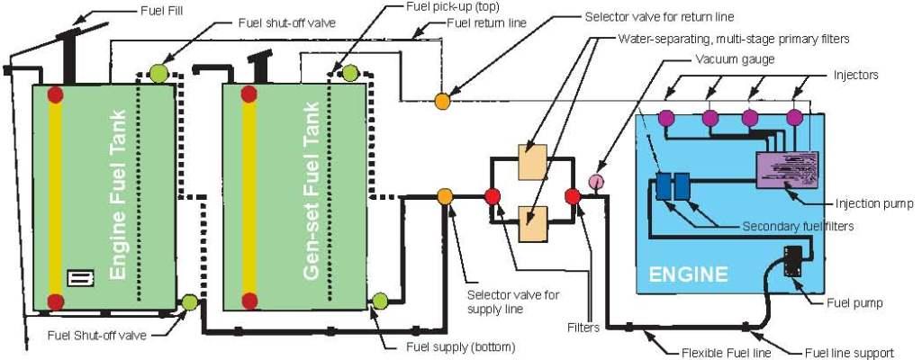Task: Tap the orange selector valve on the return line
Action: coord(442,101)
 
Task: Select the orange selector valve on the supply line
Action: coord(445,196)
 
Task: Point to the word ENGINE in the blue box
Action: coord(688,273)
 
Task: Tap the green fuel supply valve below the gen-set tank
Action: coord(379,300)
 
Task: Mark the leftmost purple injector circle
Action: coord(667,116)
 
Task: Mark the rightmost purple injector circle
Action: coord(794,116)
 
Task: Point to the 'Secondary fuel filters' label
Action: coord(798,226)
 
